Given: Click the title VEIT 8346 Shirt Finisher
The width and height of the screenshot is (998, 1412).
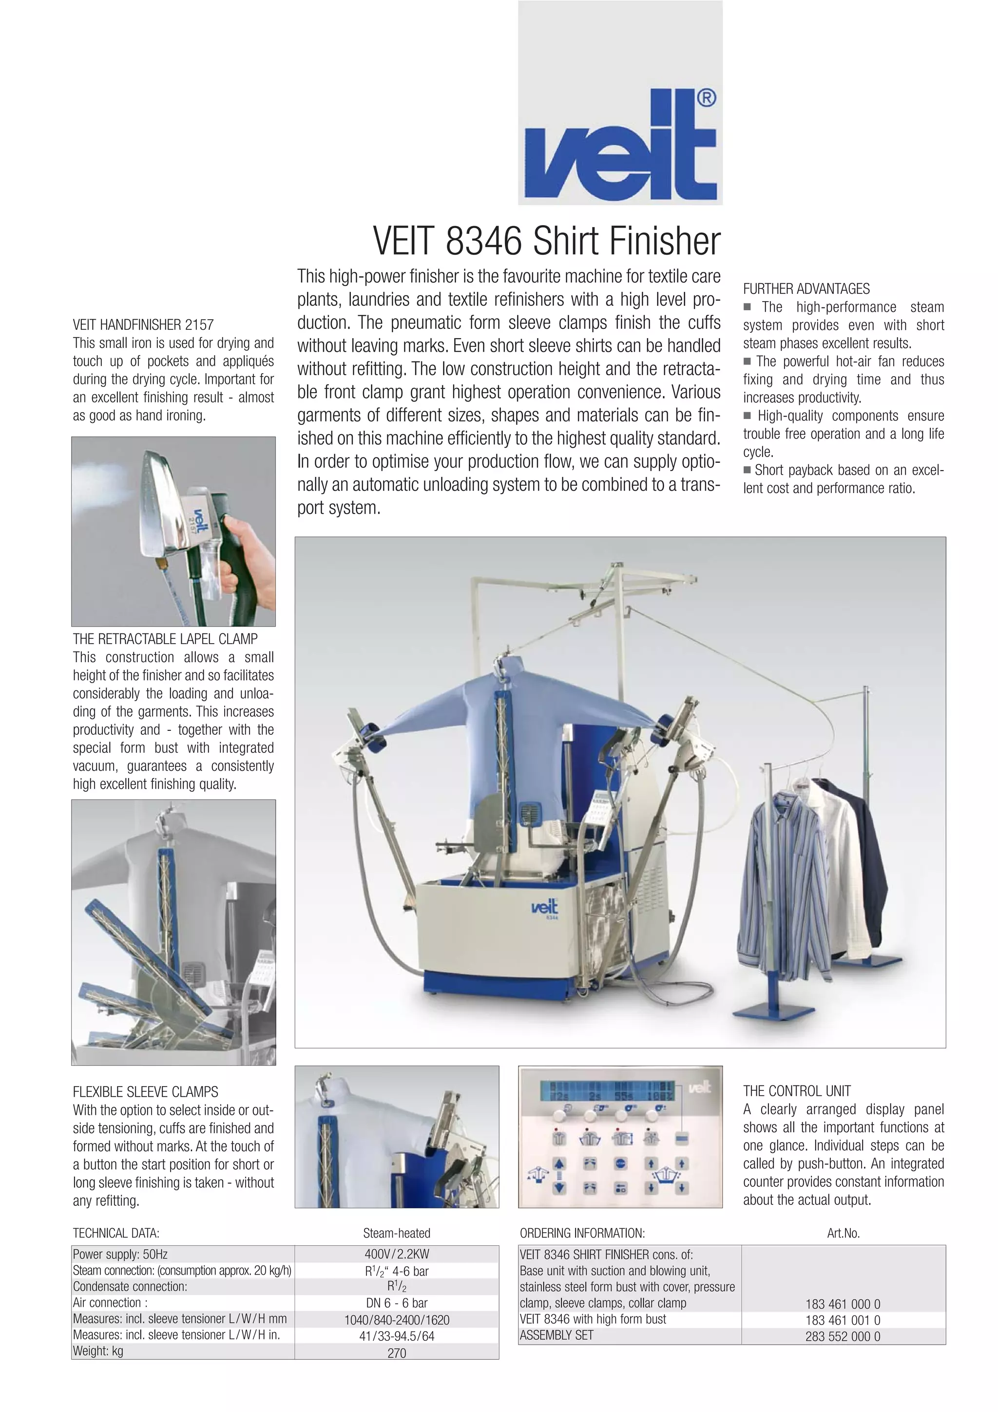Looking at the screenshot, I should pyautogui.click(x=546, y=241).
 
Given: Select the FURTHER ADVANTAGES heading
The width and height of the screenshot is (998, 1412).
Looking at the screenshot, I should pyautogui.click(x=806, y=289).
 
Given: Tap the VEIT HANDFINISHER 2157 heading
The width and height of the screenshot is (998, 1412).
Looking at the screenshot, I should pyautogui.click(x=143, y=324).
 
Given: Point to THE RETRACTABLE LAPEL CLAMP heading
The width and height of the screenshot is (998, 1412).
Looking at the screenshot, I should pyautogui.click(x=165, y=639).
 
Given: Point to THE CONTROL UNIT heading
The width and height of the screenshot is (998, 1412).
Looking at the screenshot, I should pyautogui.click(x=796, y=1091).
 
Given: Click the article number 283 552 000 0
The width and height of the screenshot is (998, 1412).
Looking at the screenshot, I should pyautogui.click(x=843, y=1336).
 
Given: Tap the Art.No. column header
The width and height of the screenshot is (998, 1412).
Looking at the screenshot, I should pyautogui.click(x=843, y=1234).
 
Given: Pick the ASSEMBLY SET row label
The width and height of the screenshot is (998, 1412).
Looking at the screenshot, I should pyautogui.click(x=557, y=1336).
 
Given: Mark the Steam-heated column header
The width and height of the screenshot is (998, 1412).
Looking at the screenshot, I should pyautogui.click(x=397, y=1234).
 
